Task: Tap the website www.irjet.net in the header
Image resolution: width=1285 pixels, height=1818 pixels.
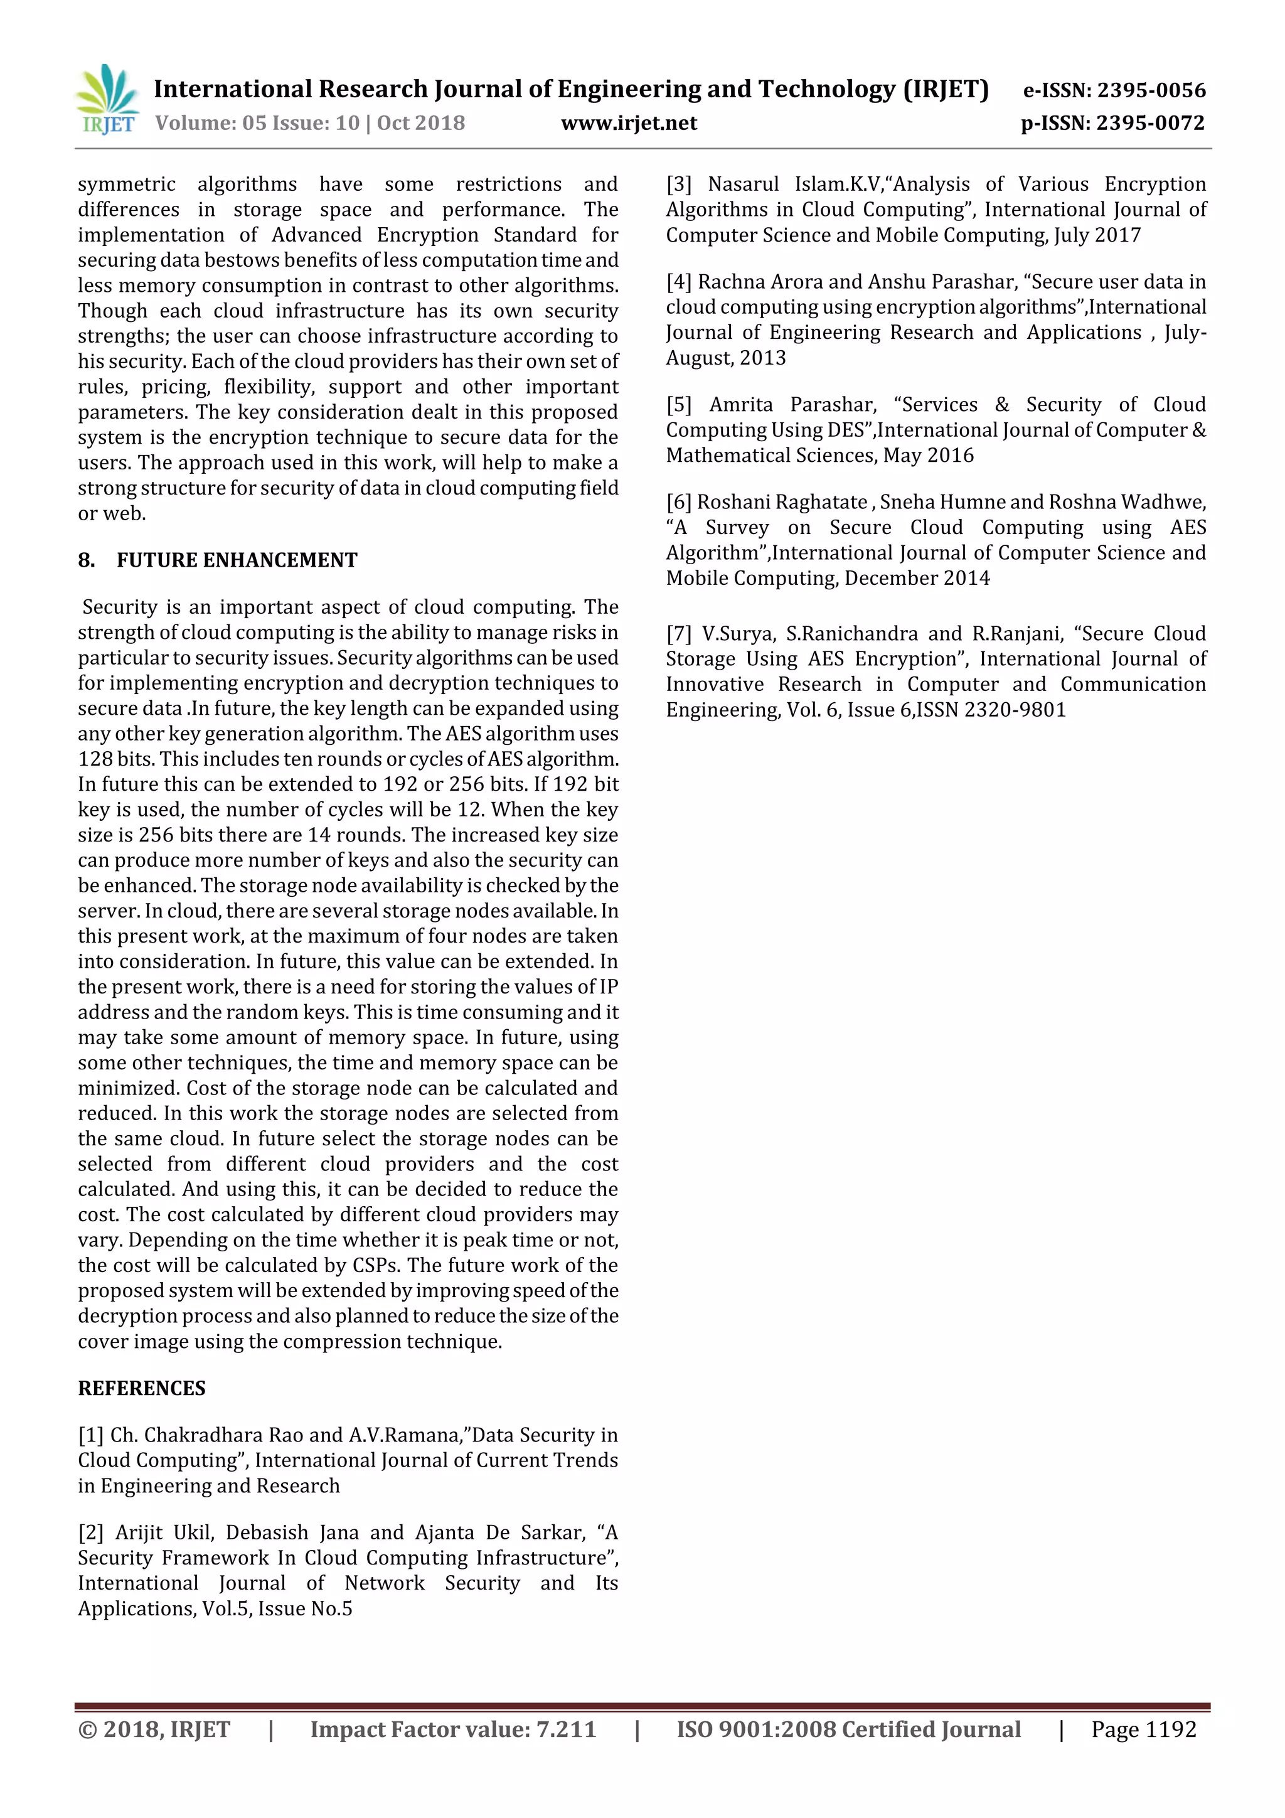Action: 629,124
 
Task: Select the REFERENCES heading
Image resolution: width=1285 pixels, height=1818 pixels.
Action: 142,1388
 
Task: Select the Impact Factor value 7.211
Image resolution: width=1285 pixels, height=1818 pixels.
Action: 566,1730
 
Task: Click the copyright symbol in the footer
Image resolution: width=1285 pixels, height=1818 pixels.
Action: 87,1730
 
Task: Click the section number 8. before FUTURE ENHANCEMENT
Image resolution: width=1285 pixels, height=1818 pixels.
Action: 87,560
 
